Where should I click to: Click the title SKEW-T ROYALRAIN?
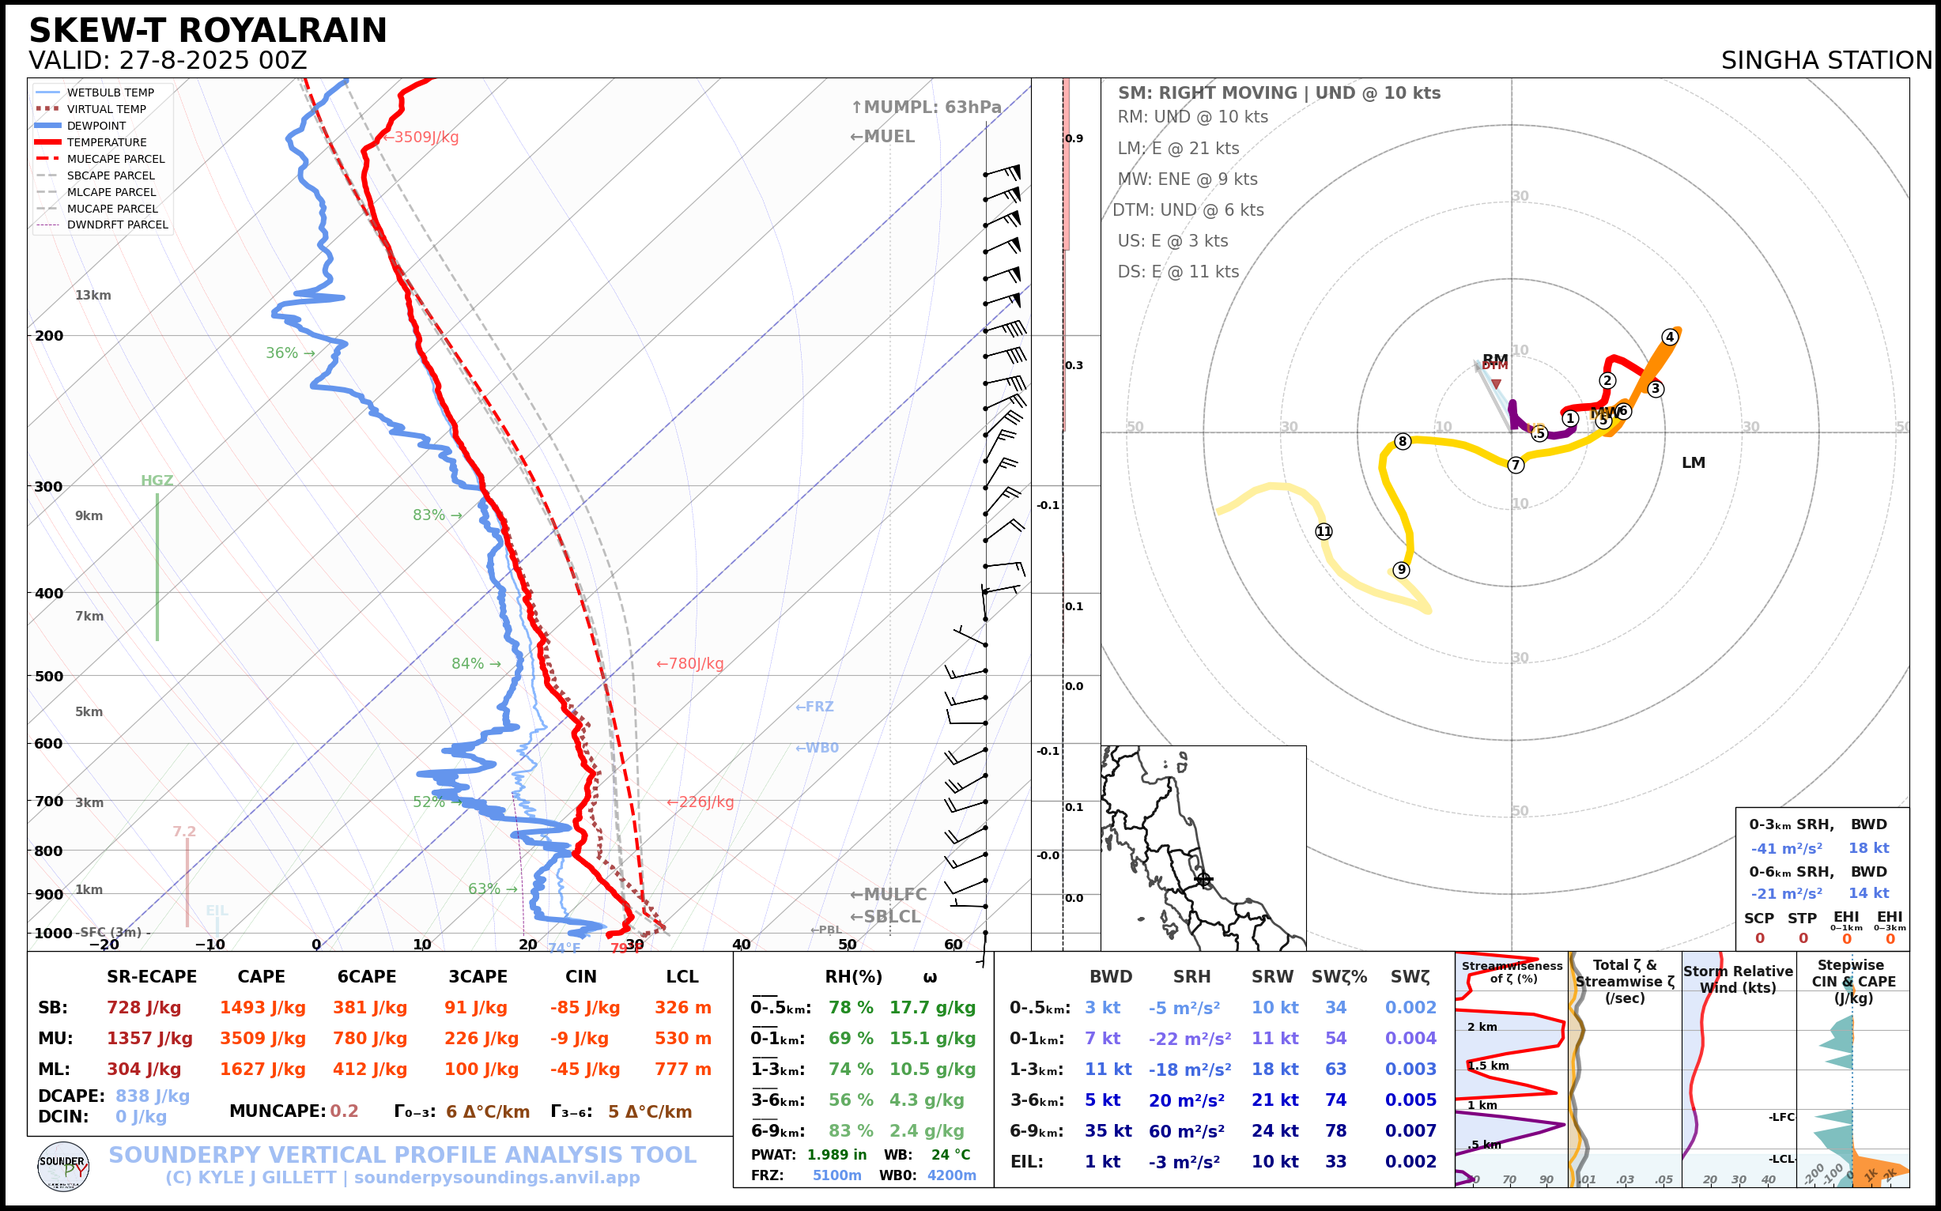[x=207, y=31]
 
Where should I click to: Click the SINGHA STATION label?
[x=1826, y=60]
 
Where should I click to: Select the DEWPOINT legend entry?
[x=96, y=126]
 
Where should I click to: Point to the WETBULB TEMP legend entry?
[x=110, y=93]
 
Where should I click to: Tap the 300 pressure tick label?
[x=49, y=486]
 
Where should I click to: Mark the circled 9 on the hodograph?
[x=1401, y=569]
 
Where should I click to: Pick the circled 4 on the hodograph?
[x=1670, y=338]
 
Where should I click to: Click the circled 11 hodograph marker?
[x=1324, y=531]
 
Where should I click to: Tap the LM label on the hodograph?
[x=1694, y=463]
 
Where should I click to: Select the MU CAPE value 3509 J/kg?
[x=262, y=1039]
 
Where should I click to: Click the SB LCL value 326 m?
[x=682, y=1008]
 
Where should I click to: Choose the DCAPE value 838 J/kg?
[x=153, y=1096]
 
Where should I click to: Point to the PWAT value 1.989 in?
[x=836, y=1155]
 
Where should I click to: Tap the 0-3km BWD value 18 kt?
[x=1868, y=848]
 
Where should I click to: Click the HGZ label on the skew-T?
[x=157, y=481]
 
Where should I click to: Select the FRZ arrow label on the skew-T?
[x=814, y=707]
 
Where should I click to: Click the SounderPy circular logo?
[x=63, y=1166]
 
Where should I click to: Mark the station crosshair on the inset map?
[x=1203, y=880]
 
